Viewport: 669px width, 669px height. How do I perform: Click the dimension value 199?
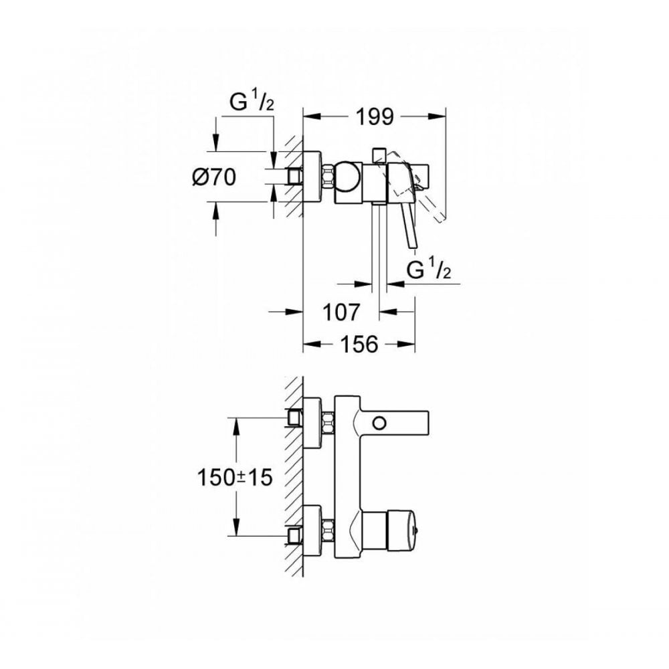[373, 117]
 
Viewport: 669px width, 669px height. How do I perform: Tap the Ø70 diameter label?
[215, 177]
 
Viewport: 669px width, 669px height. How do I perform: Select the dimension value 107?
[342, 312]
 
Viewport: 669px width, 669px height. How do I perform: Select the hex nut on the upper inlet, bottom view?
[327, 422]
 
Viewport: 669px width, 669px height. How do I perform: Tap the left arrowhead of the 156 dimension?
[309, 345]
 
